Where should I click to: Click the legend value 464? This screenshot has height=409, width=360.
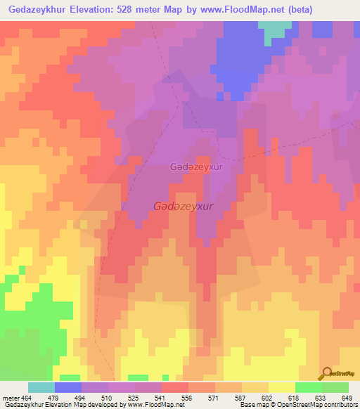(x=27, y=397)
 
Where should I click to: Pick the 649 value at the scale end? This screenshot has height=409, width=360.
(x=347, y=397)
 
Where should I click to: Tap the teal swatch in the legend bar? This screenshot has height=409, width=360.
(x=41, y=387)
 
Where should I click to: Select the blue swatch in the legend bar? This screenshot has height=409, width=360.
(x=67, y=387)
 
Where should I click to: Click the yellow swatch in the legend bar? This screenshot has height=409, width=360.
(x=281, y=387)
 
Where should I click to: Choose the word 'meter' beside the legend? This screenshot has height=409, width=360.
(x=10, y=397)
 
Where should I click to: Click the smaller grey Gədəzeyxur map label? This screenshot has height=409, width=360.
(x=196, y=167)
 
